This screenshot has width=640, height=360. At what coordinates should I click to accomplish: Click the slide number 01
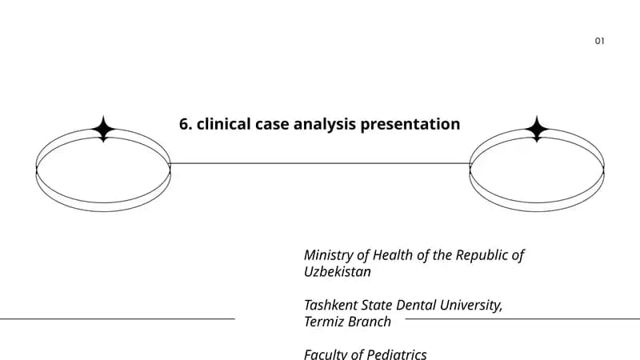coord(599,41)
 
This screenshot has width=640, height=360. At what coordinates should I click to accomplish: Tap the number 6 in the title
coord(184,124)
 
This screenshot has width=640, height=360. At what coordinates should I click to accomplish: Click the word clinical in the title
coord(224,124)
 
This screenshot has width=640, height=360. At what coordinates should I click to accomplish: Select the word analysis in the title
coord(325,125)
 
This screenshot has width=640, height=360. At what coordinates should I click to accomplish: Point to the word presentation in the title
coord(410,125)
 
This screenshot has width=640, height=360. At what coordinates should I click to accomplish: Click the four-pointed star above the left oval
coord(103,129)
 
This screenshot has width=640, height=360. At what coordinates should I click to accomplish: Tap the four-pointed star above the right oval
coord(537,129)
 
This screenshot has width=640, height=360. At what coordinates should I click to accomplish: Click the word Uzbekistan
coord(338,272)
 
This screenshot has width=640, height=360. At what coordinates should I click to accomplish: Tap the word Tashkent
coord(330,306)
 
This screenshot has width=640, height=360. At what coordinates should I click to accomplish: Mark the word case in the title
coord(272,125)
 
